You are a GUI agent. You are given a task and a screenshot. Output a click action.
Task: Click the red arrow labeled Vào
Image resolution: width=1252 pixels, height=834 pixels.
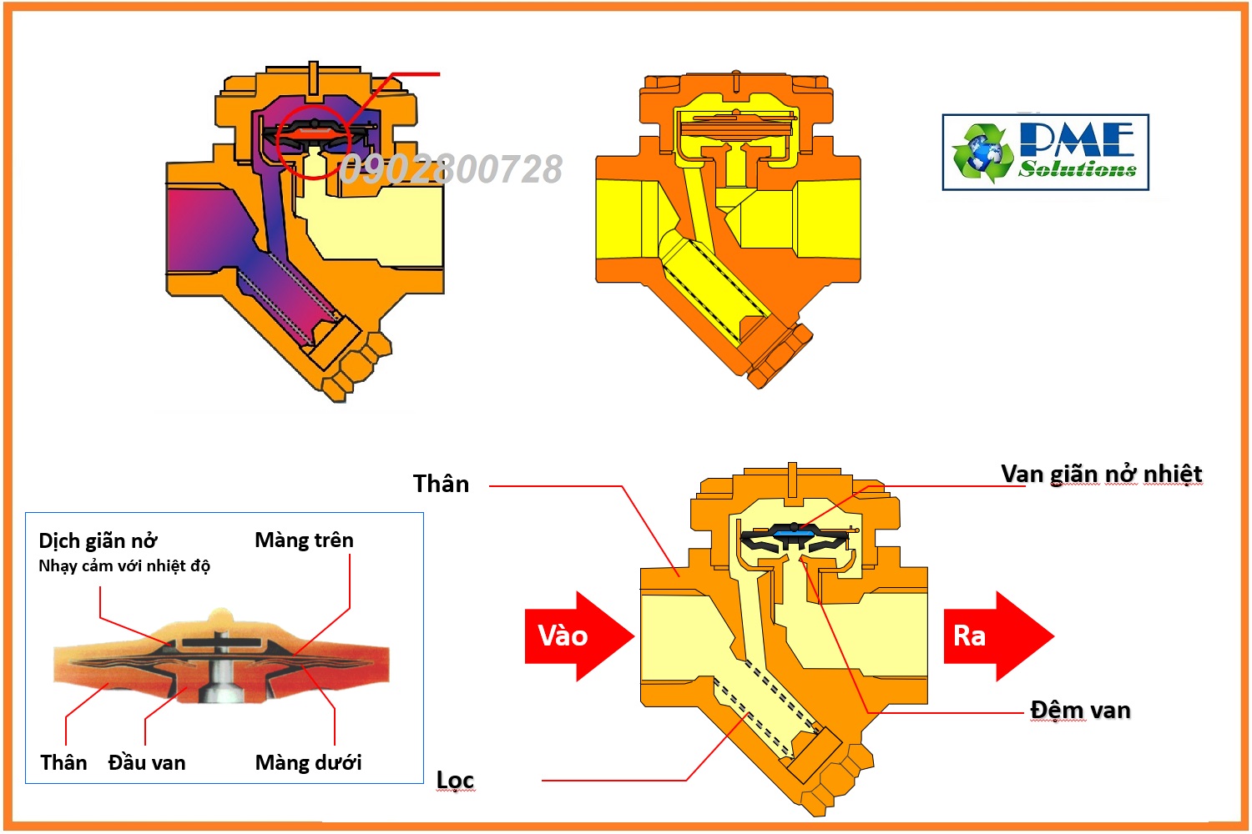click(576, 636)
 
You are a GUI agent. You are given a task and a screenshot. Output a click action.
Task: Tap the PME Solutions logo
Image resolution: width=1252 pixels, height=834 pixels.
click(1045, 153)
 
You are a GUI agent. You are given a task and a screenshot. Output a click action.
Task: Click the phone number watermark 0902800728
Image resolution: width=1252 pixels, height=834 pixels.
click(451, 170)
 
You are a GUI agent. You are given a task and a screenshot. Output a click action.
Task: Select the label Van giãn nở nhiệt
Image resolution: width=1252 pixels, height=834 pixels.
click(1101, 475)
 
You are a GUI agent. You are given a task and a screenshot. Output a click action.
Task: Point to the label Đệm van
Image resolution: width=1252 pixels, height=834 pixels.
click(1080, 711)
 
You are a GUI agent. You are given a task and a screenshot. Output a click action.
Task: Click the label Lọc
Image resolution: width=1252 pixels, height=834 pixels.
click(455, 780)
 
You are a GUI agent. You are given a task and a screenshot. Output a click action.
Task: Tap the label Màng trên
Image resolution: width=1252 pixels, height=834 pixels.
click(304, 540)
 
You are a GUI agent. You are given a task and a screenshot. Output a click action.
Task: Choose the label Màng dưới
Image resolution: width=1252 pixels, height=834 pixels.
click(308, 762)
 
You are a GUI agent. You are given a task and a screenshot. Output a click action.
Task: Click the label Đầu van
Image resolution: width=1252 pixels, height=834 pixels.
click(147, 762)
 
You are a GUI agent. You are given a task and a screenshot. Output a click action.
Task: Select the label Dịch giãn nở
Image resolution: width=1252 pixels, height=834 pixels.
click(98, 541)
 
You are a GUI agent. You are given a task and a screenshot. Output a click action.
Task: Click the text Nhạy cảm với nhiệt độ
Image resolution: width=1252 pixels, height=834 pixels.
click(124, 566)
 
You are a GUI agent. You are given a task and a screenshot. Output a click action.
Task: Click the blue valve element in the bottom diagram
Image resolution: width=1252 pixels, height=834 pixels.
click(792, 529)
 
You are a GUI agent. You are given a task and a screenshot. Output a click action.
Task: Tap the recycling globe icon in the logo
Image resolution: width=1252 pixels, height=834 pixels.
click(982, 153)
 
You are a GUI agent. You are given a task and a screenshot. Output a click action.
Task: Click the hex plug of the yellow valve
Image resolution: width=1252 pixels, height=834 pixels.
click(780, 354)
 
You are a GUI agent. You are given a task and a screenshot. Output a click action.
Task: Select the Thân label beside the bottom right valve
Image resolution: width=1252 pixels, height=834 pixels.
click(441, 484)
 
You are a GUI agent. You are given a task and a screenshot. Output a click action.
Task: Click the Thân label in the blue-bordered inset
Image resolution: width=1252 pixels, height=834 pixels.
click(63, 762)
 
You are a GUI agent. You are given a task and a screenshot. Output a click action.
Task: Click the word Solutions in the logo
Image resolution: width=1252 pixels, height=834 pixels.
click(1077, 169)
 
